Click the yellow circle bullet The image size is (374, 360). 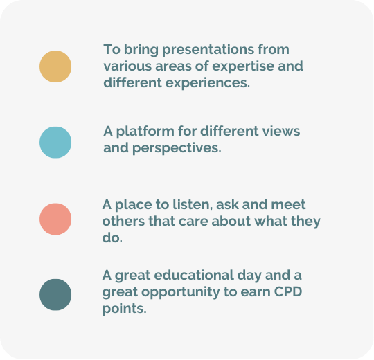point(55,66)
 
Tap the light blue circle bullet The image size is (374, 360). point(55,143)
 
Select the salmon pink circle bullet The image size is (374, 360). point(55,219)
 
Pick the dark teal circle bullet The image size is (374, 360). point(55,295)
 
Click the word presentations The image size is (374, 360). point(208,50)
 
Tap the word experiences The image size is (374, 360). point(208,83)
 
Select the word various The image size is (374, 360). point(127,66)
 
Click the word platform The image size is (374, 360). point(145,132)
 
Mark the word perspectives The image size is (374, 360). point(177,148)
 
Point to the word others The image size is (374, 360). point(123,221)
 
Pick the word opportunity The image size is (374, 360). point(181,292)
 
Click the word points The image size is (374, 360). point(124,309)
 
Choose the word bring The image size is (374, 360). point(141,50)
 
